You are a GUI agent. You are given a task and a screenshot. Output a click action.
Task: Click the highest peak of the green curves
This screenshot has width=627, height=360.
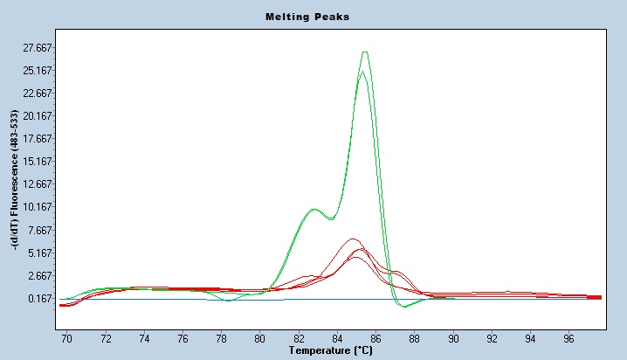[365, 52]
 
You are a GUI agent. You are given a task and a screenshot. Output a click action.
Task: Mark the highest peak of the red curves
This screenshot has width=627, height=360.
[353, 239]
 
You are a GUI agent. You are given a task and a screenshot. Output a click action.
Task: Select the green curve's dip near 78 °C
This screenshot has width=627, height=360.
[227, 301]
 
